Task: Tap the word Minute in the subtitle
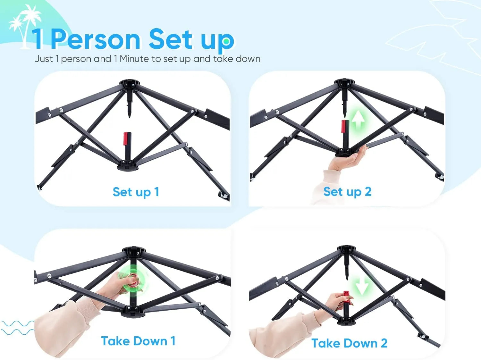[135, 59]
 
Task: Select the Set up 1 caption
[136, 192]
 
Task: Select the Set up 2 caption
[347, 192]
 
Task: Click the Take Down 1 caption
[138, 341]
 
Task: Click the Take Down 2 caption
[350, 343]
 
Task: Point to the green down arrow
[362, 285]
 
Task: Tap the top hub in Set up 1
[130, 84]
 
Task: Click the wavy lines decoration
[18, 328]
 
